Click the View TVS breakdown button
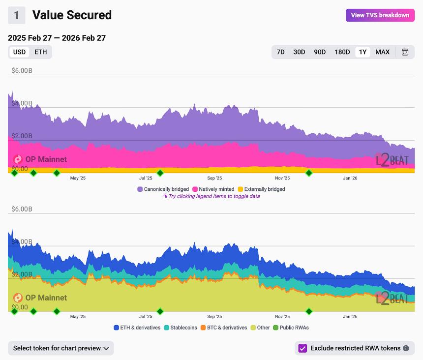click(380, 15)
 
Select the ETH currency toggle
click(41, 52)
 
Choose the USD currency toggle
click(19, 52)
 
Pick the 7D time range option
click(280, 52)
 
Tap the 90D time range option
click(320, 52)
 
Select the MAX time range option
click(382, 52)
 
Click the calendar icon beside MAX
click(405, 52)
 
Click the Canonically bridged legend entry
click(163, 189)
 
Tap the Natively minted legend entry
click(213, 189)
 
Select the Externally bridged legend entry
click(261, 189)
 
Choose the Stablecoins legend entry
click(181, 328)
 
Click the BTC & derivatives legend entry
click(224, 328)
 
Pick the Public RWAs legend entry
click(291, 328)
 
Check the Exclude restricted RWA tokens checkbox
click(302, 348)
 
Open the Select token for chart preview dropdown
click(61, 348)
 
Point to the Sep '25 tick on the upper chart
click(214, 178)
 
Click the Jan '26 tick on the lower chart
click(350, 316)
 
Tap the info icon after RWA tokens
click(406, 348)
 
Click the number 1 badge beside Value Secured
click(16, 15)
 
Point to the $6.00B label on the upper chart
click(22, 71)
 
